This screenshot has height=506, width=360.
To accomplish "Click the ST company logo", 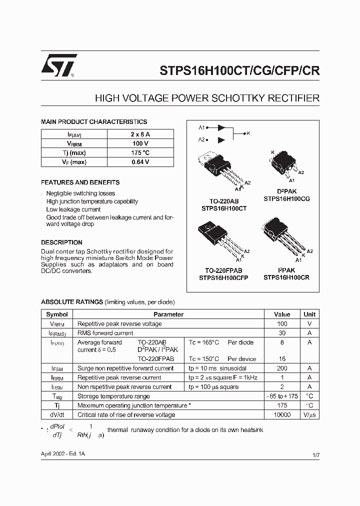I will tap(58, 65).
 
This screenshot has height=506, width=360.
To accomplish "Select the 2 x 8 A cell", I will tap(140, 134).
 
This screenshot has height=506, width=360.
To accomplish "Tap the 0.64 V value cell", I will tap(140, 162).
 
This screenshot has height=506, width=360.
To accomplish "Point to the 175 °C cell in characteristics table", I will tap(140, 152).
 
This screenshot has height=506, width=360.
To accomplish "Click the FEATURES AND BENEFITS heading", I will tap(80, 182).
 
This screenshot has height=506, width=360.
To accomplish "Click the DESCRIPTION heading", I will tap(61, 242).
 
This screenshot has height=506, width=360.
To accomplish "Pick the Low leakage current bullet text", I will tap(73, 209).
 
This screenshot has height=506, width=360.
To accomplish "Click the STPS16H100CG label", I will tap(286, 198).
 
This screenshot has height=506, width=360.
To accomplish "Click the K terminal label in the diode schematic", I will tap(248, 133).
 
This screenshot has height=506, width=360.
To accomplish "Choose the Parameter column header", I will tap(168, 314).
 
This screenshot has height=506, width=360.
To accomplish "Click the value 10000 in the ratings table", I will tap(282, 415).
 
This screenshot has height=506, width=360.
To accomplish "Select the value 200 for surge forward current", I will tap(282, 368).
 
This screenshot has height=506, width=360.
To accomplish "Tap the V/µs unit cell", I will tap(309, 415).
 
